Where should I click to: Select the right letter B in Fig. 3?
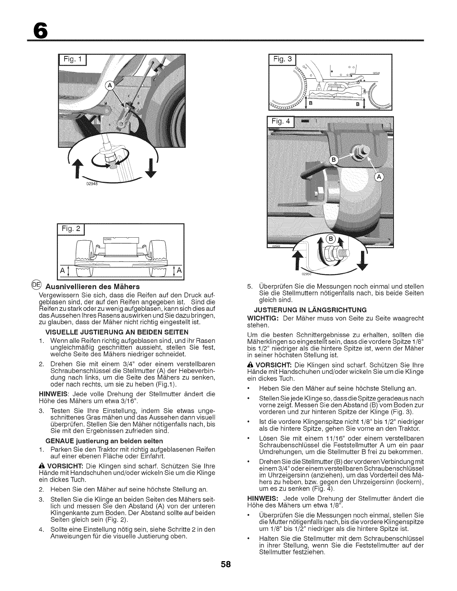pyautogui.click(x=357, y=104)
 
